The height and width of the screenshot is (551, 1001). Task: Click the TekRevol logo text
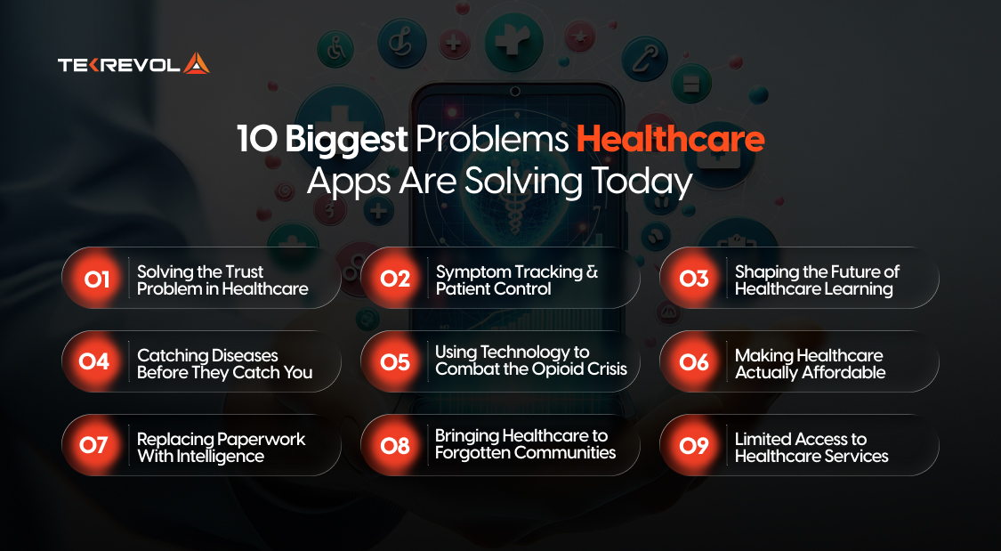(119, 64)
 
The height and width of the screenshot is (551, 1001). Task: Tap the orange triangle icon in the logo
(197, 63)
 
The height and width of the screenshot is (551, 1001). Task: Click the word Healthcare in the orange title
(670, 140)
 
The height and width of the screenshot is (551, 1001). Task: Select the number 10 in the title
(254, 140)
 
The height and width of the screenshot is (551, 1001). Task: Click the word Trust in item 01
(243, 271)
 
